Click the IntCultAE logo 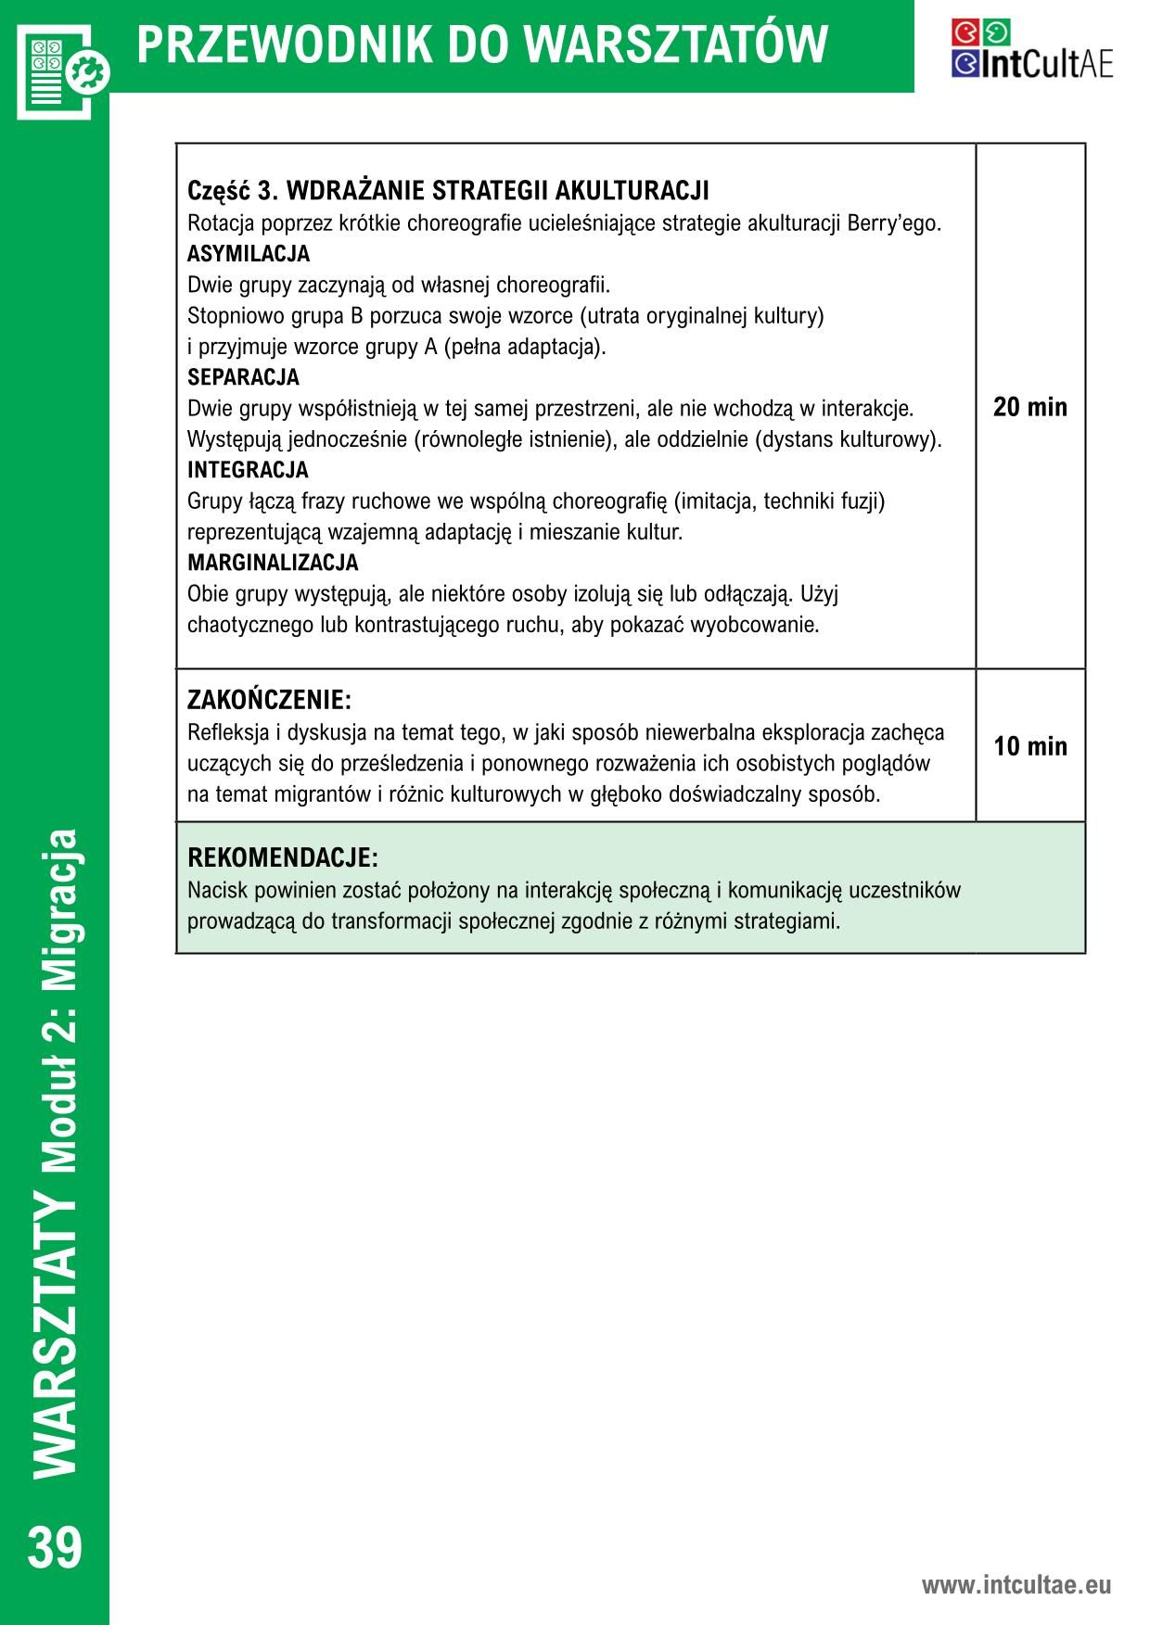(1031, 50)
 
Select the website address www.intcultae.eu (1016, 1584)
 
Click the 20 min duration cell (1029, 407)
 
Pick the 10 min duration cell (1029, 746)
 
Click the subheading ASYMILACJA (249, 254)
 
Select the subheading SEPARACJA (243, 377)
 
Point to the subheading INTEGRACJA (248, 470)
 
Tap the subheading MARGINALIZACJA (273, 563)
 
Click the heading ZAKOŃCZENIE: (269, 699)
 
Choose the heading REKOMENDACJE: (283, 857)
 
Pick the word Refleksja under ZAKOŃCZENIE (229, 732)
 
